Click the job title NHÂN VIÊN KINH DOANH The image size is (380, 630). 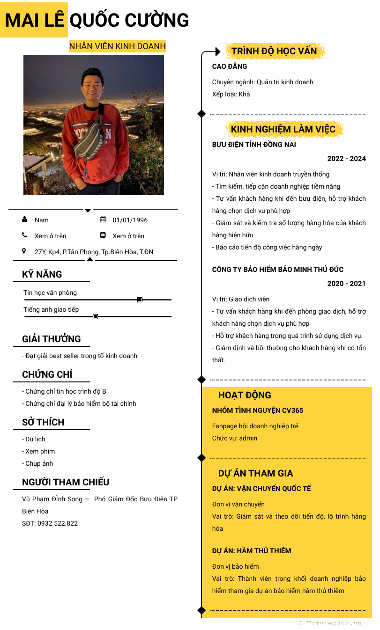click(x=117, y=46)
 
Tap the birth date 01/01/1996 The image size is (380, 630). click(x=130, y=220)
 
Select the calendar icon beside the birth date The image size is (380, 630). click(x=103, y=220)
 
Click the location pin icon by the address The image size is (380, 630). click(x=24, y=251)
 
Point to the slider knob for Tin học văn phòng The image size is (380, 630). click(x=140, y=300)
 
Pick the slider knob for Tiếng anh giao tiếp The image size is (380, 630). click(x=95, y=317)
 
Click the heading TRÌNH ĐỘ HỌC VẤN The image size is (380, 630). click(x=274, y=51)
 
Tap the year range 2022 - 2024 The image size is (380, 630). click(x=346, y=159)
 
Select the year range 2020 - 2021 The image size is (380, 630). click(x=346, y=284)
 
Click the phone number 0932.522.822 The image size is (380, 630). click(x=58, y=523)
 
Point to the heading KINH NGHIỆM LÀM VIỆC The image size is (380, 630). click(x=283, y=129)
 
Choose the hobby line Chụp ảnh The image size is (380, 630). click(x=37, y=463)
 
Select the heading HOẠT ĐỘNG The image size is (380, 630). click(x=245, y=395)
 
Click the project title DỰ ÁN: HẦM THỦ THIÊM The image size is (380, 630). click(x=252, y=551)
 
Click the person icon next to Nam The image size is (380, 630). click(x=24, y=220)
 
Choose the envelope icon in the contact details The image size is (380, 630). click(x=103, y=235)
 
